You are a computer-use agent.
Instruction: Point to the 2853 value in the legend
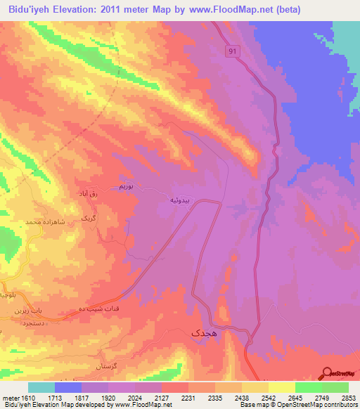347,396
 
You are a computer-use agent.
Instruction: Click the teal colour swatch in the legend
41,387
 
